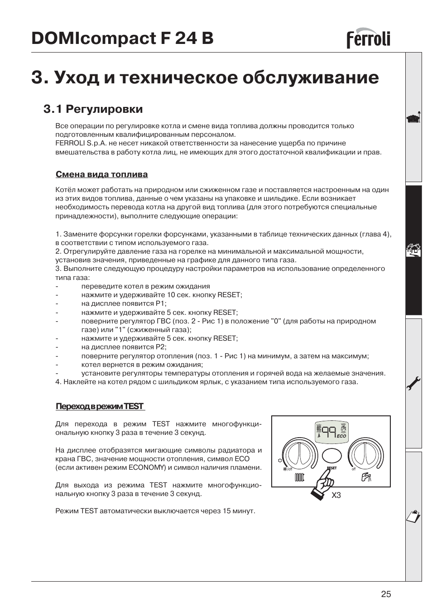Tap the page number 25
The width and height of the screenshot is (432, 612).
[x=385, y=594]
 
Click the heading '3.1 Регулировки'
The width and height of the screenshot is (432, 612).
[x=93, y=109]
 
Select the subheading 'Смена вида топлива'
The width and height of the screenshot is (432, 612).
[x=101, y=174]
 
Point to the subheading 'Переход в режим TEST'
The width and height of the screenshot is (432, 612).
[x=100, y=406]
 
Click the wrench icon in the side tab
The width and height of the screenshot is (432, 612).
[x=414, y=384]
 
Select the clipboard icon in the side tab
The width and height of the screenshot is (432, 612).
[x=413, y=516]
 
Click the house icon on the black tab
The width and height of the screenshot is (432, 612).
[x=413, y=250]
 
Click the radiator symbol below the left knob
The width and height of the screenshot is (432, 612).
[x=299, y=477]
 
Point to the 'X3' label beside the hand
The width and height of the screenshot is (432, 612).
[x=336, y=495]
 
